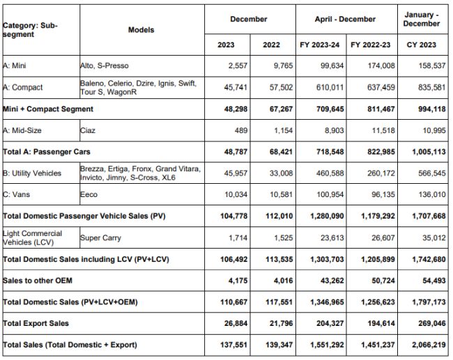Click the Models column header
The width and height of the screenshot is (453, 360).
click(x=141, y=30)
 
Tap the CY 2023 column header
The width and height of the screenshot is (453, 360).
click(x=421, y=45)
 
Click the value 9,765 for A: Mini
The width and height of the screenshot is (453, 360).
click(x=272, y=66)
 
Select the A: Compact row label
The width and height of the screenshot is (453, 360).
click(x=23, y=88)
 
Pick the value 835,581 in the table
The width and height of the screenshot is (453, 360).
click(x=425, y=88)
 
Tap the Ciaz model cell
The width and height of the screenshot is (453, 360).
click(x=89, y=130)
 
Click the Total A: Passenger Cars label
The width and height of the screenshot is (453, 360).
click(x=47, y=151)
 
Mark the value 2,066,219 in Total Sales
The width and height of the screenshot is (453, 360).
click(x=421, y=345)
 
